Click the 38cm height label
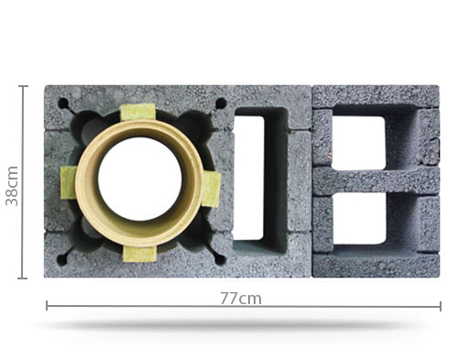point(12,186)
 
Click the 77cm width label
point(241,299)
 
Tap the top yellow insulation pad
point(137,113)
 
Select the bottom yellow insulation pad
point(140,254)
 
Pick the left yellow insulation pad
point(69,183)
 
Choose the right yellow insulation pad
point(212,190)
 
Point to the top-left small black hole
point(63,103)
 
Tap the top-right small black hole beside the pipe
point(221,104)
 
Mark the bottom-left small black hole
point(61,260)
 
